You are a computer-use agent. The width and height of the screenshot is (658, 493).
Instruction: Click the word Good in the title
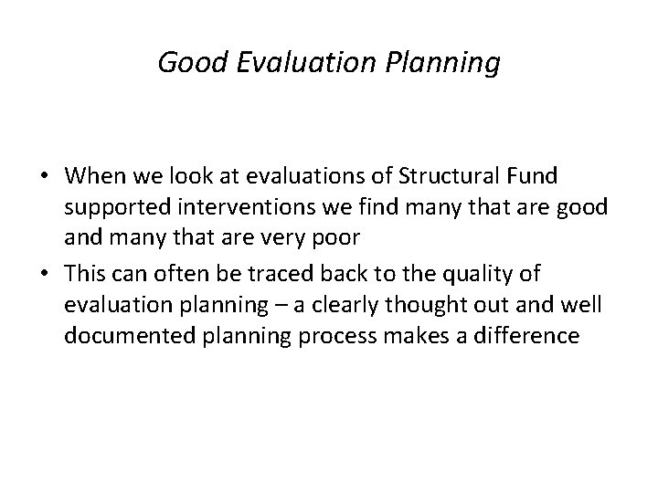tap(185, 63)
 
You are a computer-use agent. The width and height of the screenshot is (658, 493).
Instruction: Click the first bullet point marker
tap(44, 174)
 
